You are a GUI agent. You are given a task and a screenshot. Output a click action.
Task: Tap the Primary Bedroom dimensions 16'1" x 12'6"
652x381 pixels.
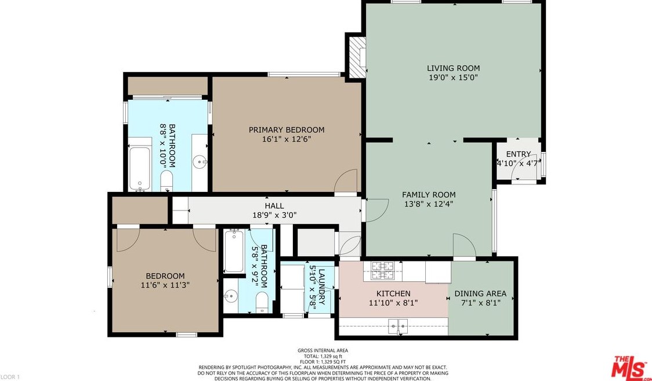pos(287,139)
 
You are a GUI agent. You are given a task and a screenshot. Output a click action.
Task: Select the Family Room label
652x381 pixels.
pos(428,194)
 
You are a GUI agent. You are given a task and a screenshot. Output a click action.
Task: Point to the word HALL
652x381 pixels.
pos(274,206)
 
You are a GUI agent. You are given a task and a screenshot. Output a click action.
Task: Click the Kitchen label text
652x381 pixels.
pos(393,294)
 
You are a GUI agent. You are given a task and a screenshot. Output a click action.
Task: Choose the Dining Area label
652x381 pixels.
pos(480,294)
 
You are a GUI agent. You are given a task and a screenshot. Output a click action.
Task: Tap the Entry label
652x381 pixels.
pos(518,154)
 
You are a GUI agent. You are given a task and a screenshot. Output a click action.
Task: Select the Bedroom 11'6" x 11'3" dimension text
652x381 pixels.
pos(165,285)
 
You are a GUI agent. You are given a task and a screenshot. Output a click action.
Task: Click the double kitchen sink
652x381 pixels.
pos(399,326)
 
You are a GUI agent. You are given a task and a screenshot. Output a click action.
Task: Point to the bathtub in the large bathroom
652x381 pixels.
pos(140,169)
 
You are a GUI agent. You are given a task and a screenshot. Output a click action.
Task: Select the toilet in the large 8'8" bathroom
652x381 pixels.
pos(166,182)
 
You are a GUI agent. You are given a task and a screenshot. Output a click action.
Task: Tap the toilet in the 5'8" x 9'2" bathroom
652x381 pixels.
pos(262,302)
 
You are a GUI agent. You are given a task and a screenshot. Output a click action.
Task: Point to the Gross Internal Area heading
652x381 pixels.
pos(323,350)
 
